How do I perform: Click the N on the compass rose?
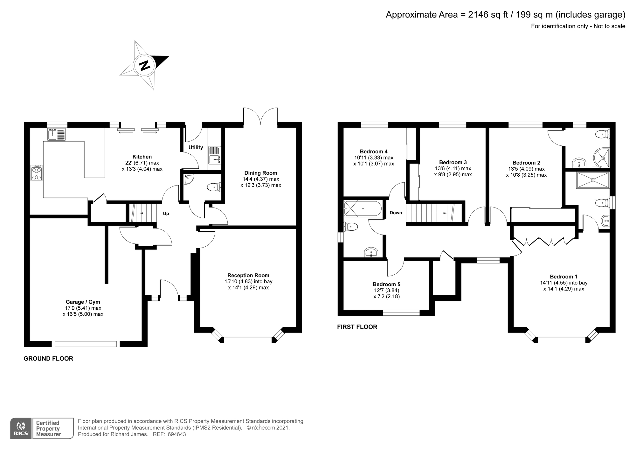(x=145, y=65)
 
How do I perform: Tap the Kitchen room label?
(x=142, y=157)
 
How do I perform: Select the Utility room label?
(x=196, y=147)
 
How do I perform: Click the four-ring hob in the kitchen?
(x=37, y=173)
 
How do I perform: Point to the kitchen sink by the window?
(x=57, y=134)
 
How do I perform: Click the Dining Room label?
(x=261, y=173)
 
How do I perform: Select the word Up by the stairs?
(x=166, y=214)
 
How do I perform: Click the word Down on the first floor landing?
(x=396, y=213)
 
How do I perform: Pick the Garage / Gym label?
(x=83, y=302)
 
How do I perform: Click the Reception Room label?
(x=248, y=275)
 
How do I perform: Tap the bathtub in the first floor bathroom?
(x=363, y=209)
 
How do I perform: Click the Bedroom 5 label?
(x=386, y=284)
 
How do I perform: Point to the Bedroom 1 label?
(x=564, y=277)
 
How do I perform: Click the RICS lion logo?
(x=21, y=428)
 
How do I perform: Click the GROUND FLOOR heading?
(x=48, y=359)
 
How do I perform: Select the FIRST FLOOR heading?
(x=357, y=327)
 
